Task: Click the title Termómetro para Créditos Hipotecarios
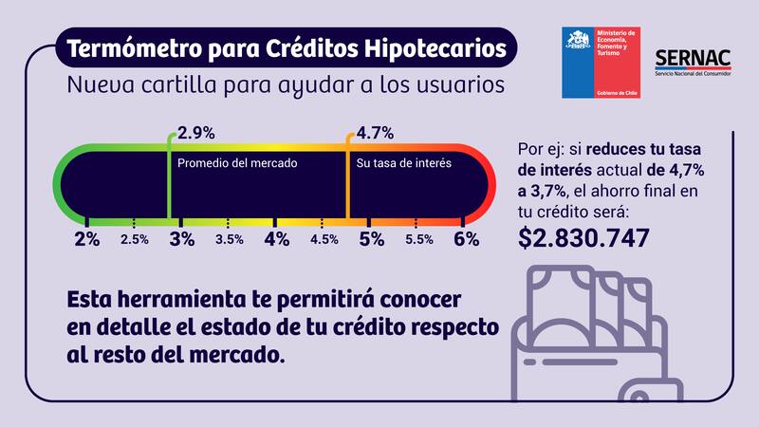287,46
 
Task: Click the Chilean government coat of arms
578,44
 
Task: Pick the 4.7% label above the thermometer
374,133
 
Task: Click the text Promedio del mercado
237,163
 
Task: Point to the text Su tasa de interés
402,163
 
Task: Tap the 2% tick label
86,239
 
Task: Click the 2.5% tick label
135,240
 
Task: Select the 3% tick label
181,239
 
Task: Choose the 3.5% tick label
230,240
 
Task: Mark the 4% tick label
276,239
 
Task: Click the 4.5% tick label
324,240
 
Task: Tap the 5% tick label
371,239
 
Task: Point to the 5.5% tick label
418,240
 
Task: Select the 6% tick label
466,239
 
